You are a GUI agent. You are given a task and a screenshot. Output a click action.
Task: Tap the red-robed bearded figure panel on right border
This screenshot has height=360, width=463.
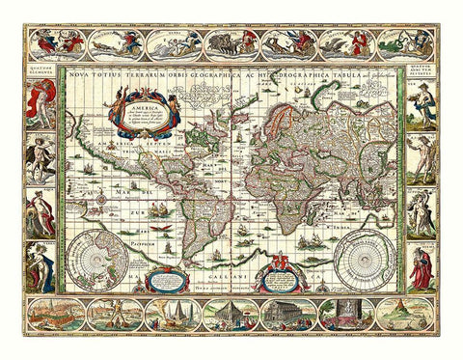(x=422, y=270)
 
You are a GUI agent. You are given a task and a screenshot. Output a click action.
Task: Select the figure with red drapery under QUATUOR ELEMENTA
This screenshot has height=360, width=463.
(x=41, y=104)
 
